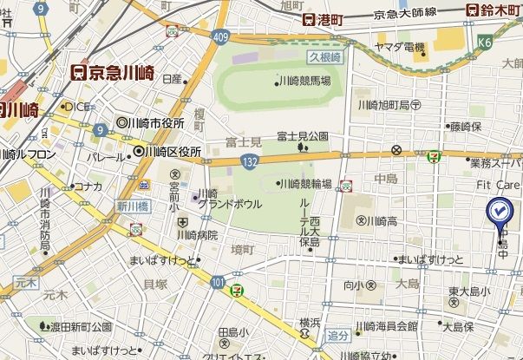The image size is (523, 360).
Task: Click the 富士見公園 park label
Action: point(303,136)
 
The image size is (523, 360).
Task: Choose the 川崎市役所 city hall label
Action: point(155,123)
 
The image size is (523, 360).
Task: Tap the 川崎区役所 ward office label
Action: point(173,152)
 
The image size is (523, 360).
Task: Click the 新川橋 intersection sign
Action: point(127,206)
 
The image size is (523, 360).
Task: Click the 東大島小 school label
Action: point(469,291)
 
